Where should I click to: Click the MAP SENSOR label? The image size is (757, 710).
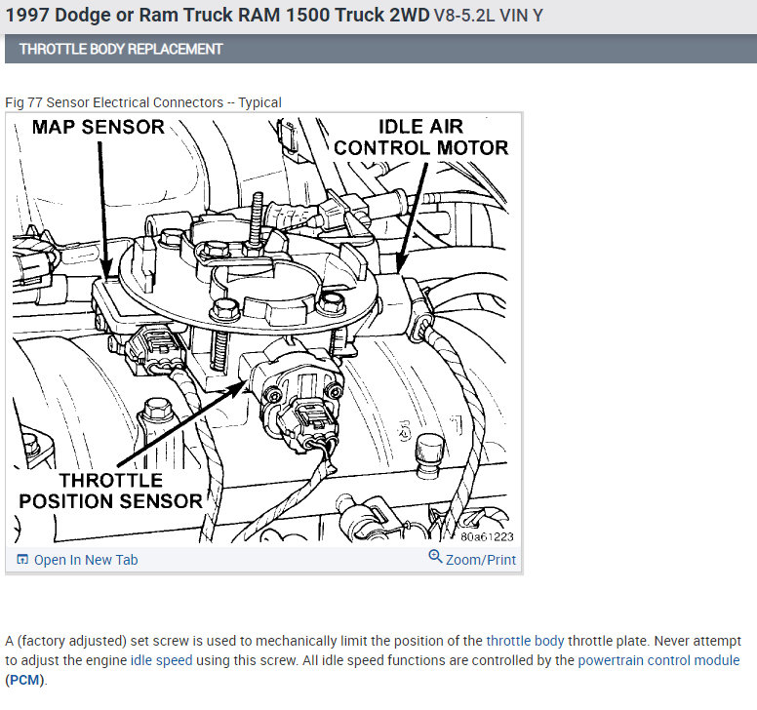point(99,127)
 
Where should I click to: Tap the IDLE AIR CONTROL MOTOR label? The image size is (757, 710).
point(421,138)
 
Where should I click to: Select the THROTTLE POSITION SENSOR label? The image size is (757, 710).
point(110,491)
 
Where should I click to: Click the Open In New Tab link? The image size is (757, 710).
point(86,560)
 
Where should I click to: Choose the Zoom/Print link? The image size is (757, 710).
point(481,560)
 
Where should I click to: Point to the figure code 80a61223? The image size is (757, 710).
point(487,536)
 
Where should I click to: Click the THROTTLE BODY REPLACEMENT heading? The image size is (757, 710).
point(121,49)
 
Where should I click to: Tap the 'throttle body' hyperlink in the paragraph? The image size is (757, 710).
point(525,641)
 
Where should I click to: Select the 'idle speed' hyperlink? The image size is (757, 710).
point(161,660)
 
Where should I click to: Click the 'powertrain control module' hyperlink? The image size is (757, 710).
point(658,660)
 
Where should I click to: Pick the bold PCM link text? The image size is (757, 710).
point(23,680)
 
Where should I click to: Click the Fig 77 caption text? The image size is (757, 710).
point(142,102)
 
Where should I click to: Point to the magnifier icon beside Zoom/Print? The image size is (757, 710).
point(435,556)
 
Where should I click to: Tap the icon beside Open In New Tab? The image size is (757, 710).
point(22,560)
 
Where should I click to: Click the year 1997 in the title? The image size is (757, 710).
point(26,15)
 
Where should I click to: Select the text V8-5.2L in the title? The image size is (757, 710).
point(464,16)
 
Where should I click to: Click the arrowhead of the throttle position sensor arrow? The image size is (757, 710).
point(245,382)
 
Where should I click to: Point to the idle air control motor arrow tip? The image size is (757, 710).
point(397,271)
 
